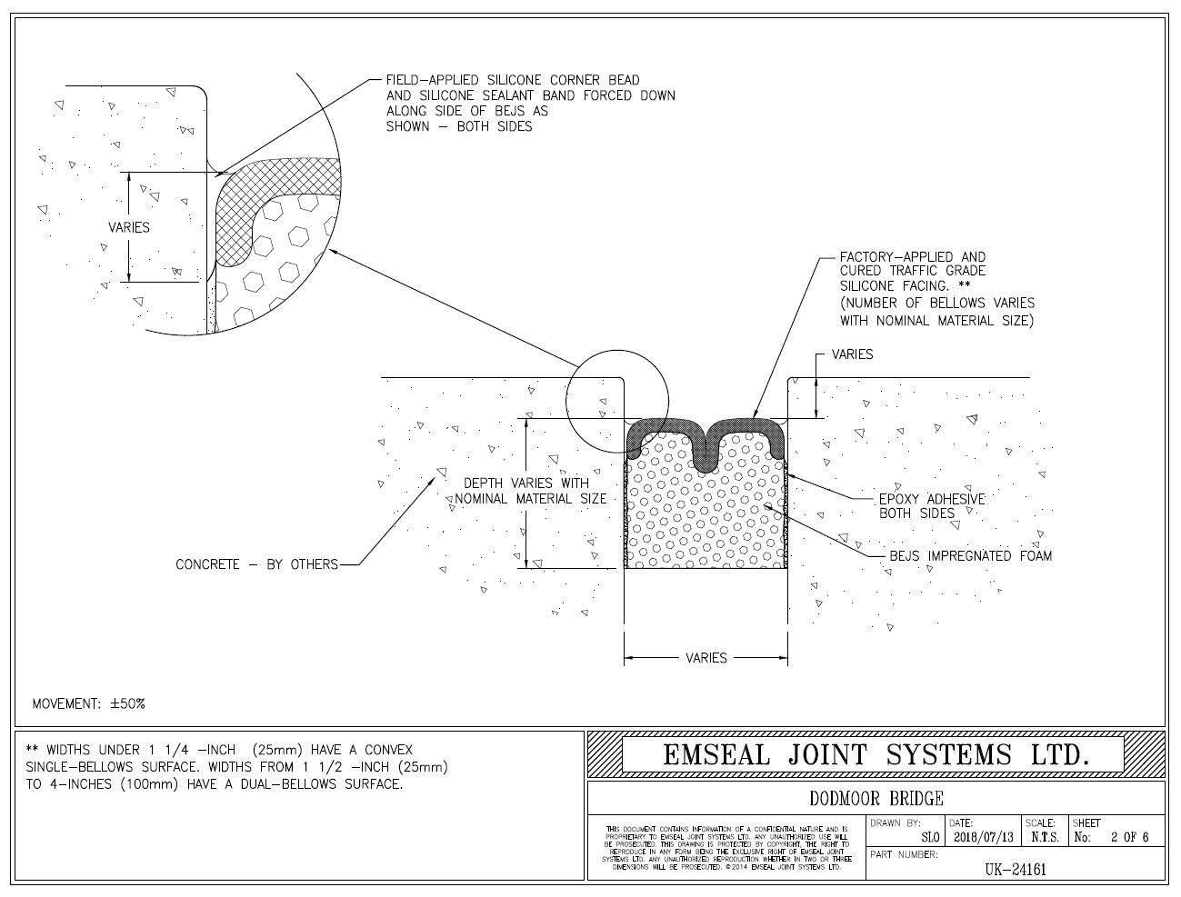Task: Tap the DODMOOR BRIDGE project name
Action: (876, 799)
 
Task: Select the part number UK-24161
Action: (1016, 869)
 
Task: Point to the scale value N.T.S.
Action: (1043, 837)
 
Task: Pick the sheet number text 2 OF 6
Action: (1129, 837)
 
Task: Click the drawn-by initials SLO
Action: (931, 837)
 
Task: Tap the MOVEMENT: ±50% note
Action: (89, 703)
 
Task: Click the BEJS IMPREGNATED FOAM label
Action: (970, 555)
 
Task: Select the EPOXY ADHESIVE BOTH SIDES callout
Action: (931, 506)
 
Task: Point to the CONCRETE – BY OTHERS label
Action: (256, 564)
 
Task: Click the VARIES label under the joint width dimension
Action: (706, 657)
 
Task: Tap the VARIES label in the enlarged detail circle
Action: (129, 227)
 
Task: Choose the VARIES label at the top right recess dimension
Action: (852, 354)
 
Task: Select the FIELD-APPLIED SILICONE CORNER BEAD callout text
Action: (530, 103)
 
